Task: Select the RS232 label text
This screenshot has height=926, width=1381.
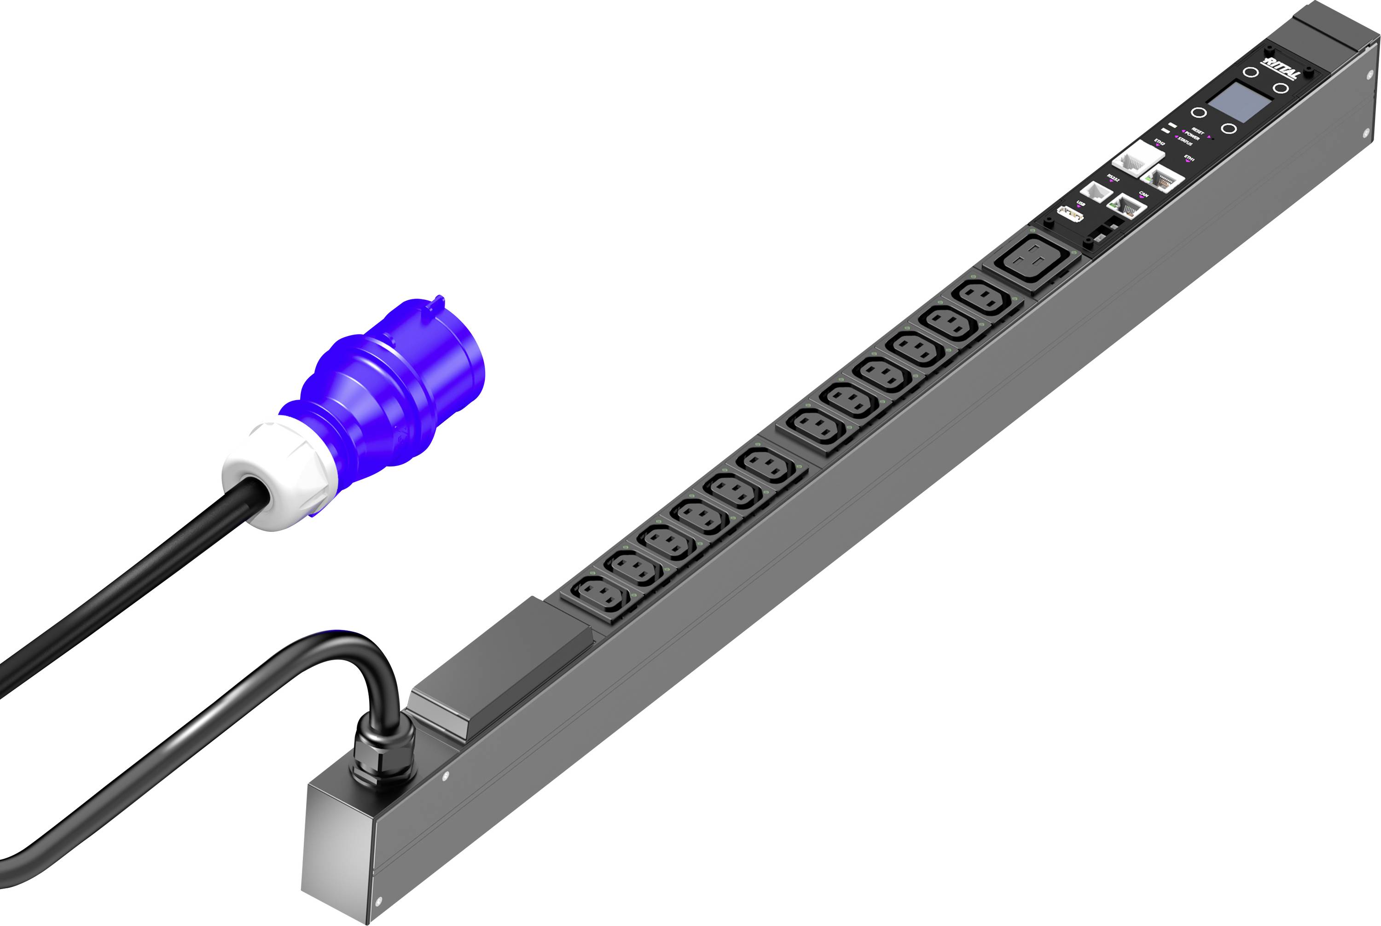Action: click(1113, 177)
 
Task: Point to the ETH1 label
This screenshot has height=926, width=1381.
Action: click(1189, 158)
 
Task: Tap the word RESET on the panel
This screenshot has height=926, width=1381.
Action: click(1197, 131)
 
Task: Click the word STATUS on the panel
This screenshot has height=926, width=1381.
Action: click(1185, 142)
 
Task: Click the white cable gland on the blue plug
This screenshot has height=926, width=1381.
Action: click(278, 472)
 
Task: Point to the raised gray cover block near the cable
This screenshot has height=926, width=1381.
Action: click(502, 667)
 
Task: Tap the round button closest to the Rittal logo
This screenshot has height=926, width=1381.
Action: click(1251, 73)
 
